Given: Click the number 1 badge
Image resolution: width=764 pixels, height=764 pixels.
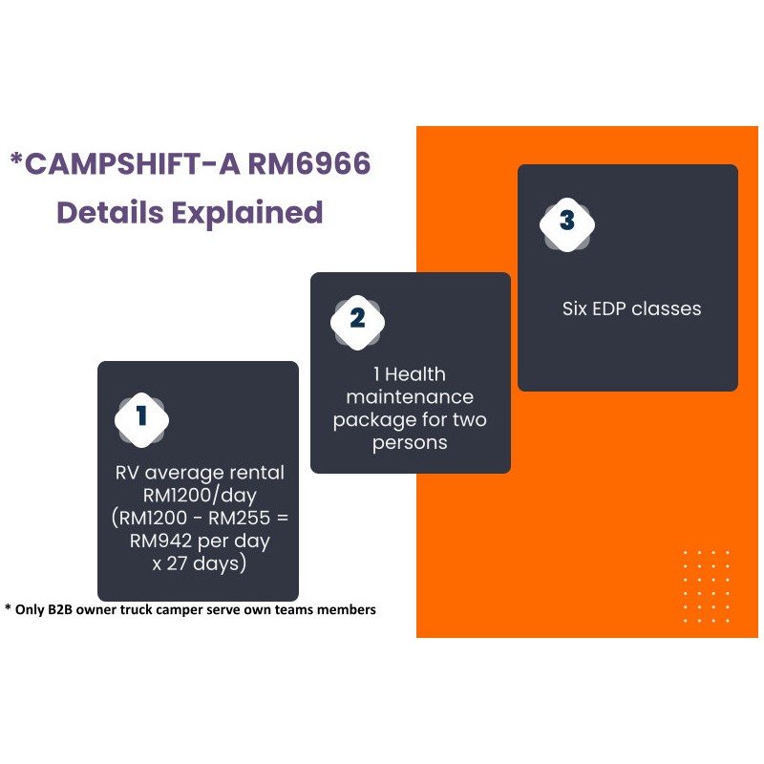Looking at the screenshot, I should (141, 416).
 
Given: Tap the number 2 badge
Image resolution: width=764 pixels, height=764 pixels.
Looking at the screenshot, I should (357, 319).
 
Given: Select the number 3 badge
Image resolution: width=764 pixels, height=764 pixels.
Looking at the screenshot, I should (567, 221).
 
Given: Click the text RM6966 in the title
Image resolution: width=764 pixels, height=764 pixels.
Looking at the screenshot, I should (309, 164).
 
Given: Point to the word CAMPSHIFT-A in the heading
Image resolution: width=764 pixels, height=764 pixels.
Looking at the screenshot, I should (133, 164).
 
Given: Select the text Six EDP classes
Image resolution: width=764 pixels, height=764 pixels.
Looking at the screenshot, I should (631, 308).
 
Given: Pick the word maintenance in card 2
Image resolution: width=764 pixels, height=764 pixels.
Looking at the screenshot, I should (410, 396).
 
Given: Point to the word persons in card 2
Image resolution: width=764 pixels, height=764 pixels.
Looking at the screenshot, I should (410, 443).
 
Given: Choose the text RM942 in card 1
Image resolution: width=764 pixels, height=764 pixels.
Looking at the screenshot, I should (160, 541).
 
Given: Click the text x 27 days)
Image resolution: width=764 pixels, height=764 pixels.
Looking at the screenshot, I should (199, 564).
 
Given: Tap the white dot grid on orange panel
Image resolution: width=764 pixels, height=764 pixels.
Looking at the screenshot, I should (707, 585).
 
